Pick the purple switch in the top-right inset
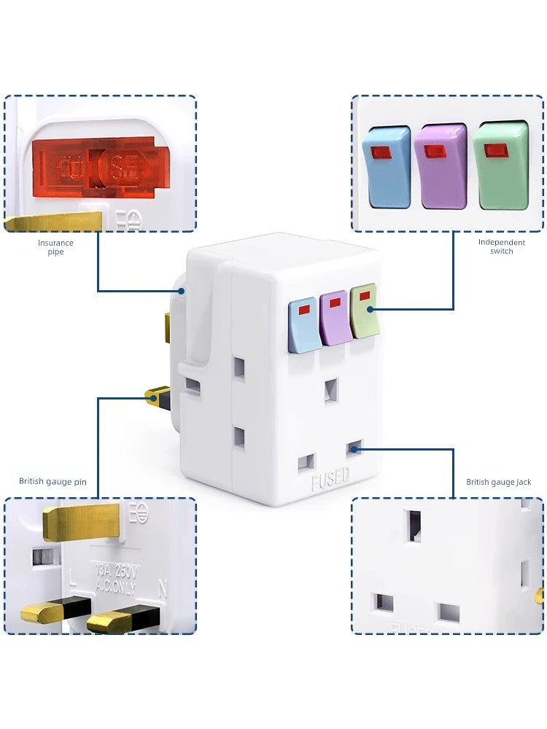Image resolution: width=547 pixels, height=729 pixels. coord(440,165)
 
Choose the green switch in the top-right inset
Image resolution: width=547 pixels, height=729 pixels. coord(500,165)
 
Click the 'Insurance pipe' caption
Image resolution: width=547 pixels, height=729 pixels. coord(56,247)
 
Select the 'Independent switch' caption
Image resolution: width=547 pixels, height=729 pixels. coord(502,246)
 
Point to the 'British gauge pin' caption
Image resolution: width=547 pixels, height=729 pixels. coord(53,481)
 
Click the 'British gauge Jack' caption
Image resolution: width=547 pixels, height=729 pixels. coord(499,482)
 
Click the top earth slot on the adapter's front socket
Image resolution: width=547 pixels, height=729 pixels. coord(332,391)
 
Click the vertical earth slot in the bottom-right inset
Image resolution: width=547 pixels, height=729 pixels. coord(415,526)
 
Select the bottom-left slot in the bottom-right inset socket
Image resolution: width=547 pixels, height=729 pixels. coord(384,602)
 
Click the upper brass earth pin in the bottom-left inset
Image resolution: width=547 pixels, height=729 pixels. coord(80,522)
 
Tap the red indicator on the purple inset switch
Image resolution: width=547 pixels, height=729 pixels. coord(435,152)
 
